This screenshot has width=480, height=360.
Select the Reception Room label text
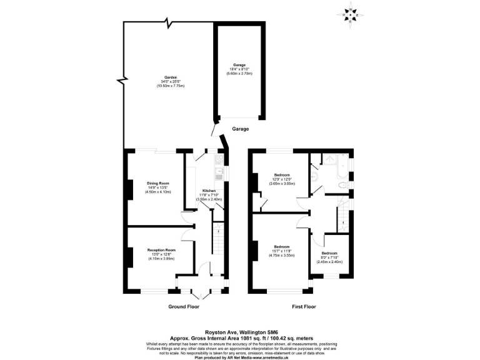(x=161, y=250)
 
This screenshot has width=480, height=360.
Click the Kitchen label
(x=209, y=191)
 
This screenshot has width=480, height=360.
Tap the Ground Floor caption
(x=184, y=307)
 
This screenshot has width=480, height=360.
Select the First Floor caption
(x=304, y=307)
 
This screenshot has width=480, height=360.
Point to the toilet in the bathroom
(x=343, y=186)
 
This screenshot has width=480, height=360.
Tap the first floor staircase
(x=342, y=219)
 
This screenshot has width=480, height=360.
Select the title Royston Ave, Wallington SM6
(x=239, y=332)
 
